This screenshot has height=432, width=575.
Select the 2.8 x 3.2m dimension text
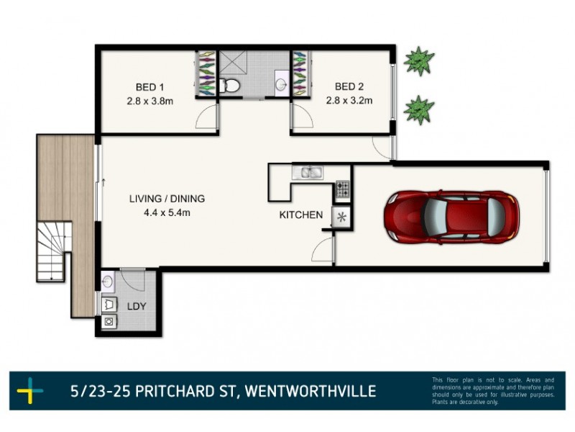click(x=349, y=101)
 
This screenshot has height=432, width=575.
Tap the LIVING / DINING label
click(x=167, y=198)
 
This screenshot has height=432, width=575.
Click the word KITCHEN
click(x=301, y=215)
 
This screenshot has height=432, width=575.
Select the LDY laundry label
click(x=137, y=306)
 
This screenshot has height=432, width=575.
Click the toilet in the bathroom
click(x=230, y=86)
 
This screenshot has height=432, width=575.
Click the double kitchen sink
click(x=307, y=173)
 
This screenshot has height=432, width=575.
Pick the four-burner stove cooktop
click(x=342, y=190)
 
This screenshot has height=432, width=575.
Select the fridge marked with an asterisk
click(x=341, y=217)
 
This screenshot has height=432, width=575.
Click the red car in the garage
click(x=451, y=217)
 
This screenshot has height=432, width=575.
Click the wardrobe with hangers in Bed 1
click(x=206, y=73)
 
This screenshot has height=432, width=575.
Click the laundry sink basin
click(x=109, y=282)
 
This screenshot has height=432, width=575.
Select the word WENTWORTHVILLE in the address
click(x=310, y=392)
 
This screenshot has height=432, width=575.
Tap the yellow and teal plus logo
click(x=29, y=392)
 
